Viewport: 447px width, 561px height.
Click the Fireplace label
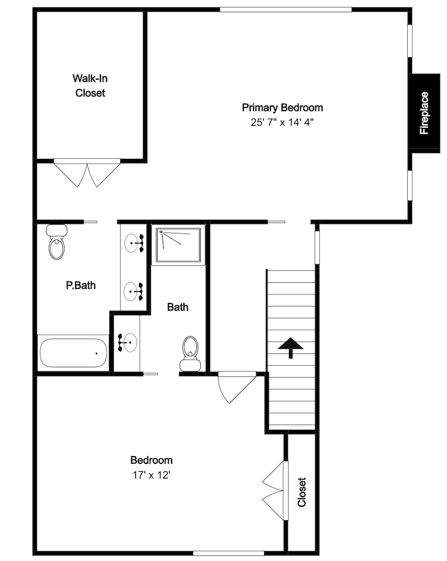click(x=424, y=113)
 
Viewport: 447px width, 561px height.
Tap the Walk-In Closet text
click(x=90, y=85)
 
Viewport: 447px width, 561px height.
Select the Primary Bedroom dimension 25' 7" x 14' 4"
click(x=282, y=122)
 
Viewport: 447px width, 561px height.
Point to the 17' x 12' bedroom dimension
click(x=151, y=475)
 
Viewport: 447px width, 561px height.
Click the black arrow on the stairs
click(x=291, y=347)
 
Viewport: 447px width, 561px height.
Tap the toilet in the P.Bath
click(x=57, y=241)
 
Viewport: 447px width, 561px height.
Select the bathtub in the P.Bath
click(x=73, y=353)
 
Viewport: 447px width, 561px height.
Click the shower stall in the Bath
click(x=178, y=245)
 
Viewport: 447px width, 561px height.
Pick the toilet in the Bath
click(x=190, y=353)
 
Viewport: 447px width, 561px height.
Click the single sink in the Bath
click(x=128, y=342)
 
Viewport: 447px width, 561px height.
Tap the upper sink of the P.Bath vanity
click(x=134, y=243)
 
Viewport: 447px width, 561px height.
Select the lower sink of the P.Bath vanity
click(x=133, y=291)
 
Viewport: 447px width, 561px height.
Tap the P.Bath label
click(x=81, y=285)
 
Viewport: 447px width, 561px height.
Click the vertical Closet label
click(x=301, y=492)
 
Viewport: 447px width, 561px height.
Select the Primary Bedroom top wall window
click(x=285, y=10)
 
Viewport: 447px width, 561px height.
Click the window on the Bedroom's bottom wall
click(x=228, y=553)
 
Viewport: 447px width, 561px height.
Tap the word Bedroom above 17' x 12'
click(x=151, y=460)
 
